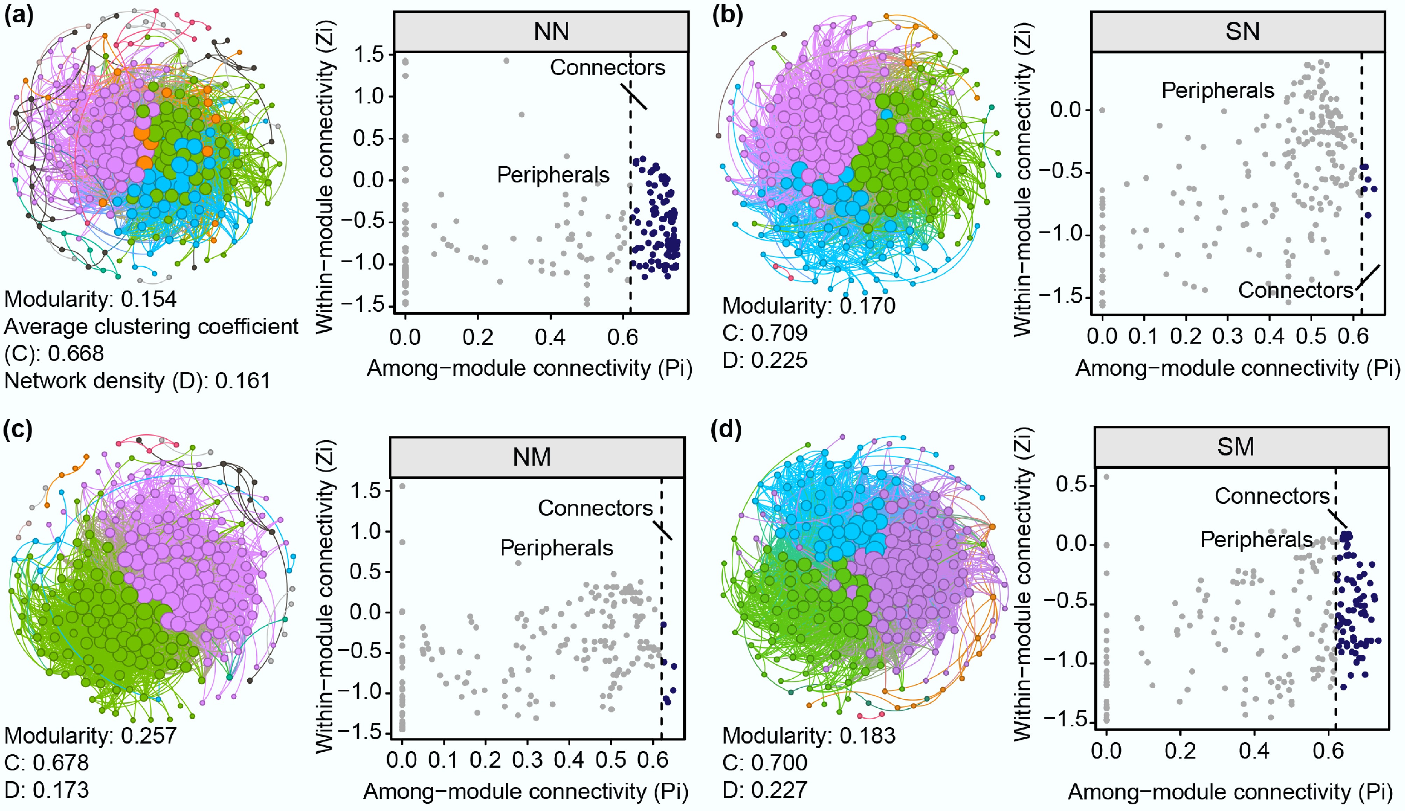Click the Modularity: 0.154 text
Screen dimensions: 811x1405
(90, 300)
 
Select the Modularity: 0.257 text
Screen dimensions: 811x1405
(90, 735)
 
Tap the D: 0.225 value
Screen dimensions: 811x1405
(765, 360)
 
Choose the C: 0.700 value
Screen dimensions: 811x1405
(765, 762)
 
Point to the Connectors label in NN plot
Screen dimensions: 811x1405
(607, 68)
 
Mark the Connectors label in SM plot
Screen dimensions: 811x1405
(1272, 496)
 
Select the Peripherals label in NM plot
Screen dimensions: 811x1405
(556, 548)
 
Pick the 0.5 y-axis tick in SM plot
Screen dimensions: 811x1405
(1071, 485)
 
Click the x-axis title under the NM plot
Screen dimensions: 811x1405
(525, 791)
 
